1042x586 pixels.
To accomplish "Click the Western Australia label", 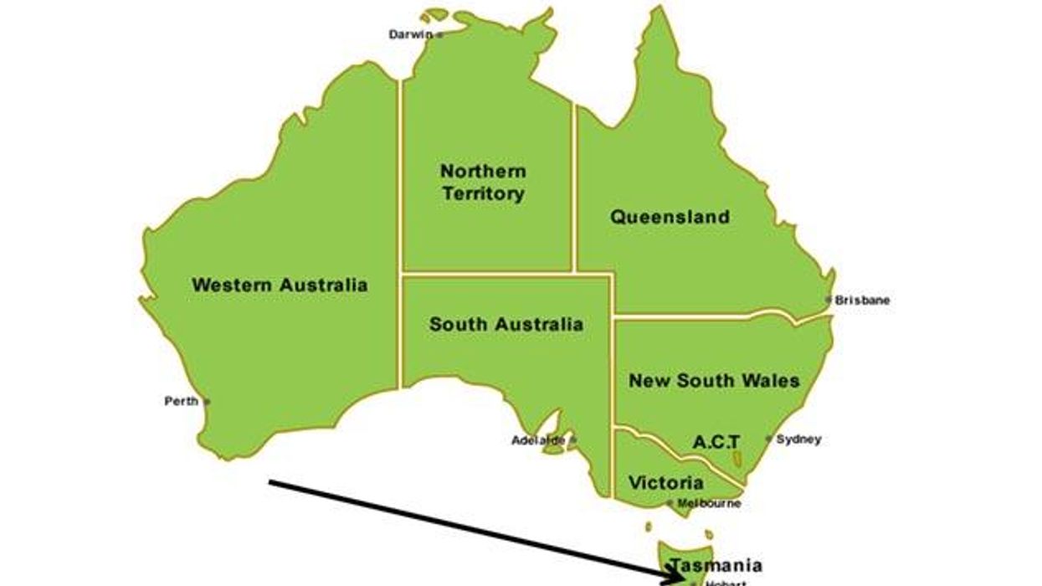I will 280,285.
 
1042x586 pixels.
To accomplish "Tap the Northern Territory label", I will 484,182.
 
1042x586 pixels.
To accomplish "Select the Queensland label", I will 670,218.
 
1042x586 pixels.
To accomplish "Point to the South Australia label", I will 506,325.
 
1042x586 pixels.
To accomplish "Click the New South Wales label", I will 714,381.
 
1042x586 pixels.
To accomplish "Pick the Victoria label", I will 666,483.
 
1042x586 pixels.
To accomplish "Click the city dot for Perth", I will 208,402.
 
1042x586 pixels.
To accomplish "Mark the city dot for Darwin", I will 439,35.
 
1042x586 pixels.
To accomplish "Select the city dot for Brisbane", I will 829,300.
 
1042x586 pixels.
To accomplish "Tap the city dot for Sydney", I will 768,439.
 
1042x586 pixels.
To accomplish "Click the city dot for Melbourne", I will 670,503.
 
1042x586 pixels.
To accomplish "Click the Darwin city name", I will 410,35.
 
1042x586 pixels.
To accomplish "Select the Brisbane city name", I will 863,300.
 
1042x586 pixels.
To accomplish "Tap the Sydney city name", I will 798,439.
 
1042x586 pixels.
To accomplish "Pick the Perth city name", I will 181,402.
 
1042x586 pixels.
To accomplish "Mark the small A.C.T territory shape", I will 737,460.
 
